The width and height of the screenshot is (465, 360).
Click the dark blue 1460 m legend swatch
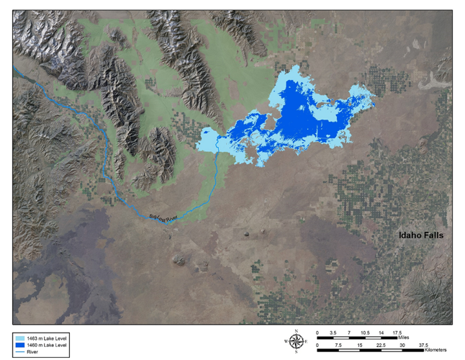[22, 343]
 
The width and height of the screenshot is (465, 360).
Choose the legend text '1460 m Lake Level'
[49, 343]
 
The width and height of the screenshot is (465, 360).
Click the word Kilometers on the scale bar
[413, 348]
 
